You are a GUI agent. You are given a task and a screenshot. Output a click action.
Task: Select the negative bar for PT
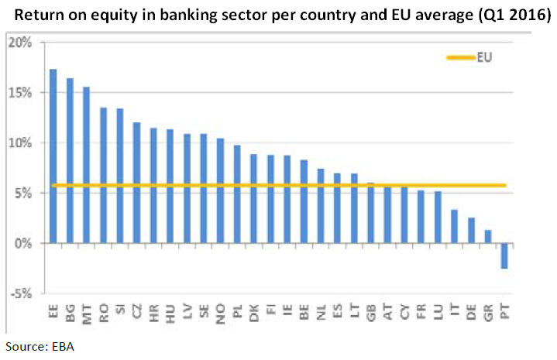(504, 256)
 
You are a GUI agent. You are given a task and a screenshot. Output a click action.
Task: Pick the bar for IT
(454, 227)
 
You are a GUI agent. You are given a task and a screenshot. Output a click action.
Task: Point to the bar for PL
(237, 194)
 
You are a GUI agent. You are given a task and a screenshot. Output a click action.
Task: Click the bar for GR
(487, 237)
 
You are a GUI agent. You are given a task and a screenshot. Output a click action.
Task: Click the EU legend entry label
(485, 57)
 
